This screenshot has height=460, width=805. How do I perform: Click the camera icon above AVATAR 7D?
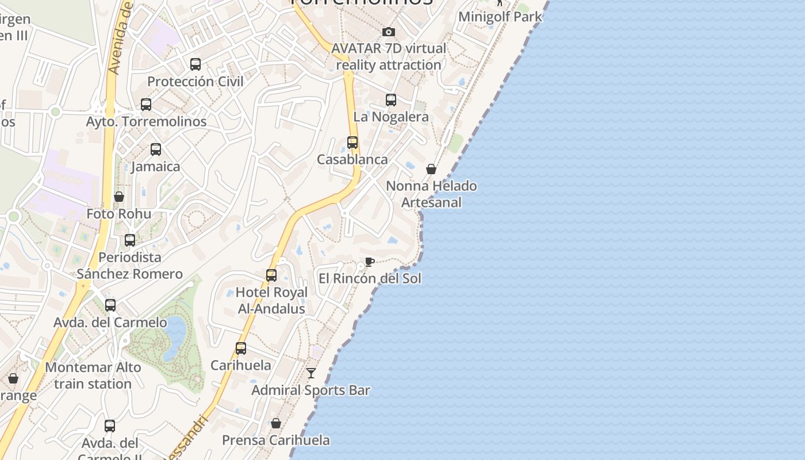point(389,32)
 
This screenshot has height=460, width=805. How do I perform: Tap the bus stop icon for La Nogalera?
point(391,100)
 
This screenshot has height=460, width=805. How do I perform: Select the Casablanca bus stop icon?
point(352,143)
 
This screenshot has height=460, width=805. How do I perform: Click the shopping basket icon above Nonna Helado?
point(431,169)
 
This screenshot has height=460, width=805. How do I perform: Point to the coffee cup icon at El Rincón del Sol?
point(370,262)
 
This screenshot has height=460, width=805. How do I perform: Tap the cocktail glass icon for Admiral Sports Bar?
point(311,373)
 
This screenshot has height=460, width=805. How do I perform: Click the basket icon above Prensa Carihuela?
point(276,423)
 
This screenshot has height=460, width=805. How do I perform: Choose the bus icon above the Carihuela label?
point(241,348)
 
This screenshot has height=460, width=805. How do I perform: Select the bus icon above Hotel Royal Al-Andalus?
point(271,275)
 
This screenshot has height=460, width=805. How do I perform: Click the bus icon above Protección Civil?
point(195,64)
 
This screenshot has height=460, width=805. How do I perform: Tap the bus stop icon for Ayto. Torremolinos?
point(146,105)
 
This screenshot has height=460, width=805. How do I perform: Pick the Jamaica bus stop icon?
point(156,149)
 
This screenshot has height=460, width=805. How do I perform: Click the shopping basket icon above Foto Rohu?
point(119,197)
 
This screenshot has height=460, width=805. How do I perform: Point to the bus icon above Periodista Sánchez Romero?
point(130,240)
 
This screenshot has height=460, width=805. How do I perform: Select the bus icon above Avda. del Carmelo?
point(110,305)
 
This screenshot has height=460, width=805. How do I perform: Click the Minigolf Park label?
point(500,17)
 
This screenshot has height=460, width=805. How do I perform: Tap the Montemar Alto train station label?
point(93,375)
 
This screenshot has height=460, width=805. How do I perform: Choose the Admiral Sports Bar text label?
point(310,390)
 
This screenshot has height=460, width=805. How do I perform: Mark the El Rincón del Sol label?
point(370,279)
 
